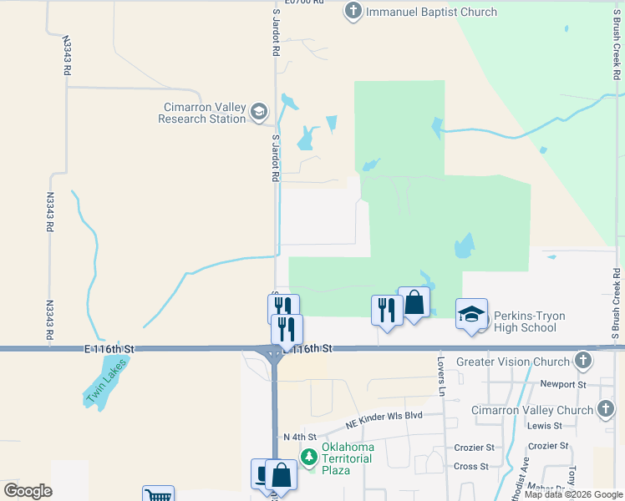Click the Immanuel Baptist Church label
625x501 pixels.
pyautogui.click(x=431, y=12)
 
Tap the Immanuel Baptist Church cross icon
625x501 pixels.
pyautogui.click(x=353, y=12)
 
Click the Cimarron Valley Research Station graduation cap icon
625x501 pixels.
pyautogui.click(x=259, y=112)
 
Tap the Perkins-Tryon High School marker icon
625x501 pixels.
pyautogui.click(x=471, y=316)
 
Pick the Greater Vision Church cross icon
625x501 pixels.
pyautogui.click(x=583, y=362)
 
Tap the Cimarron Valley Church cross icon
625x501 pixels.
pyautogui.click(x=607, y=409)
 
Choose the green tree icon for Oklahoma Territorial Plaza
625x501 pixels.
pyautogui.click(x=309, y=457)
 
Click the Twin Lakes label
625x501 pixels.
pyautogui.click(x=106, y=382)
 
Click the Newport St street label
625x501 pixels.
pyautogui.click(x=559, y=384)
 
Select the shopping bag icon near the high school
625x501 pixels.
pyautogui.click(x=414, y=303)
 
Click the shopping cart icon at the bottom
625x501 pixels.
pyautogui.click(x=157, y=495)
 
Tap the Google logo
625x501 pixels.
pyautogui.click(x=28, y=491)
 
